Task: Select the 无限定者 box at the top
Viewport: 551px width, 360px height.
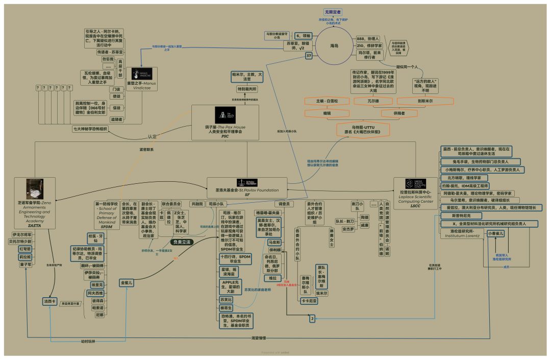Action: point(333,12)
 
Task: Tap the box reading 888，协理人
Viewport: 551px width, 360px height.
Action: point(369,38)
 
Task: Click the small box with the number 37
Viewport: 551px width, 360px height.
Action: point(309,56)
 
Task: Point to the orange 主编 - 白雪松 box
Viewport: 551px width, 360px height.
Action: point(327,101)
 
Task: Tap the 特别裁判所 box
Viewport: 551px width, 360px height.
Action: point(247,89)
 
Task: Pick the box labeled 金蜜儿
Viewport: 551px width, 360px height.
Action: point(127,282)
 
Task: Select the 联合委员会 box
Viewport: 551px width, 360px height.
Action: point(171,204)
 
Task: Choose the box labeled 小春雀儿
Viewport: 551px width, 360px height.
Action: point(495,233)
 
